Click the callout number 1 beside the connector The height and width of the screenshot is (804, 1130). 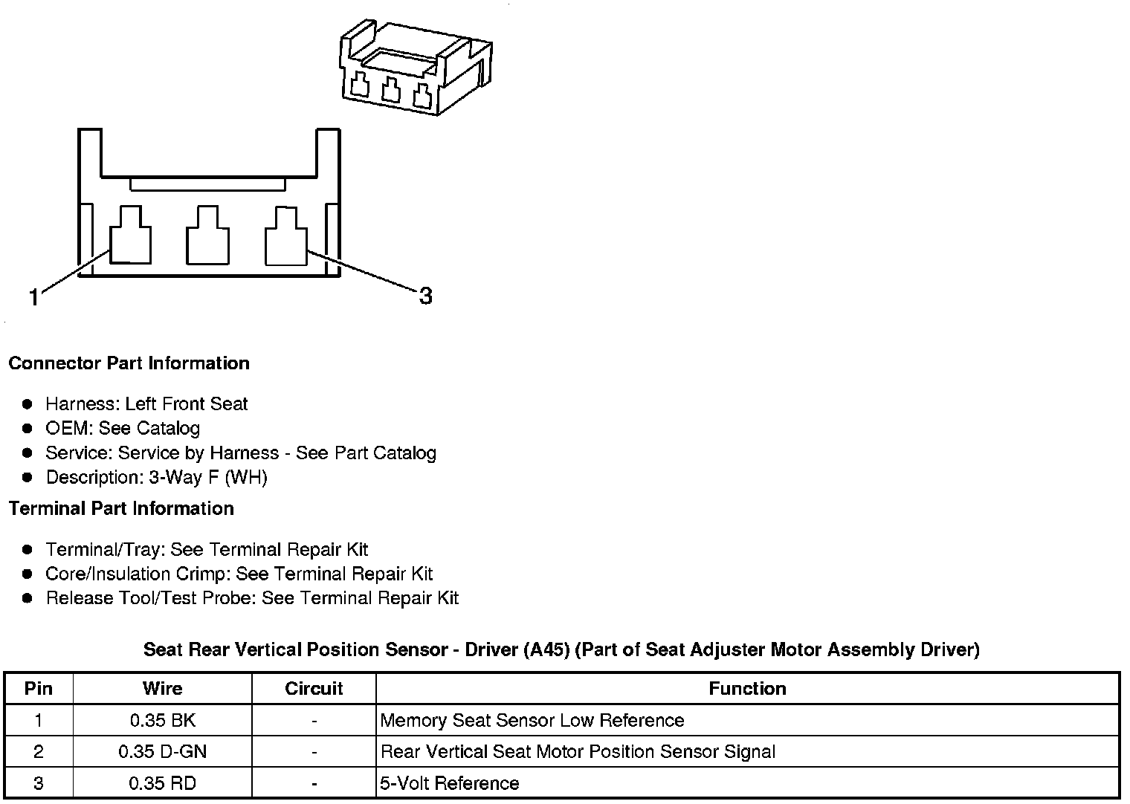pyautogui.click(x=33, y=298)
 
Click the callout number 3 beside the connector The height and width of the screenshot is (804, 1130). pyautogui.click(x=425, y=296)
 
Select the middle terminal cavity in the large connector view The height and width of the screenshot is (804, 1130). pyautogui.click(x=207, y=236)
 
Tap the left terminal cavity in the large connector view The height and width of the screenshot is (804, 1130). pyautogui.click(x=131, y=236)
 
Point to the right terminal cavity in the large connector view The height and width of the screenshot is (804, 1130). pyautogui.click(x=286, y=236)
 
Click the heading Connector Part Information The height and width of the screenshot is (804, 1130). pyautogui.click(x=129, y=363)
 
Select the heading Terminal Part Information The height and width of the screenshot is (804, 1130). pyautogui.click(x=121, y=509)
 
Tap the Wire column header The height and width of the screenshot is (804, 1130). pyautogui.click(x=162, y=689)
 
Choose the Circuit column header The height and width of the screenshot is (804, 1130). pyautogui.click(x=314, y=689)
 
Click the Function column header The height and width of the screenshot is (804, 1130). pyautogui.click(x=747, y=689)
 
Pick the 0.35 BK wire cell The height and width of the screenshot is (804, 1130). pyautogui.click(x=162, y=720)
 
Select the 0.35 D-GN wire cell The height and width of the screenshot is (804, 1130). pyautogui.click(x=162, y=752)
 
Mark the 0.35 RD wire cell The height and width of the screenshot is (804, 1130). pyautogui.click(x=162, y=784)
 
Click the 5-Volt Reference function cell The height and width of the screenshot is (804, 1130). pyautogui.click(x=449, y=784)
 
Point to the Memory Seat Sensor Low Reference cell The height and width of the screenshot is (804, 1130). pyautogui.click(x=532, y=720)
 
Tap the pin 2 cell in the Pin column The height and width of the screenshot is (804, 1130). pyautogui.click(x=39, y=752)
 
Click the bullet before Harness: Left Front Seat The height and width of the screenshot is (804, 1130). pyautogui.click(x=28, y=404)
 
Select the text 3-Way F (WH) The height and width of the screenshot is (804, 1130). pyautogui.click(x=208, y=477)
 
